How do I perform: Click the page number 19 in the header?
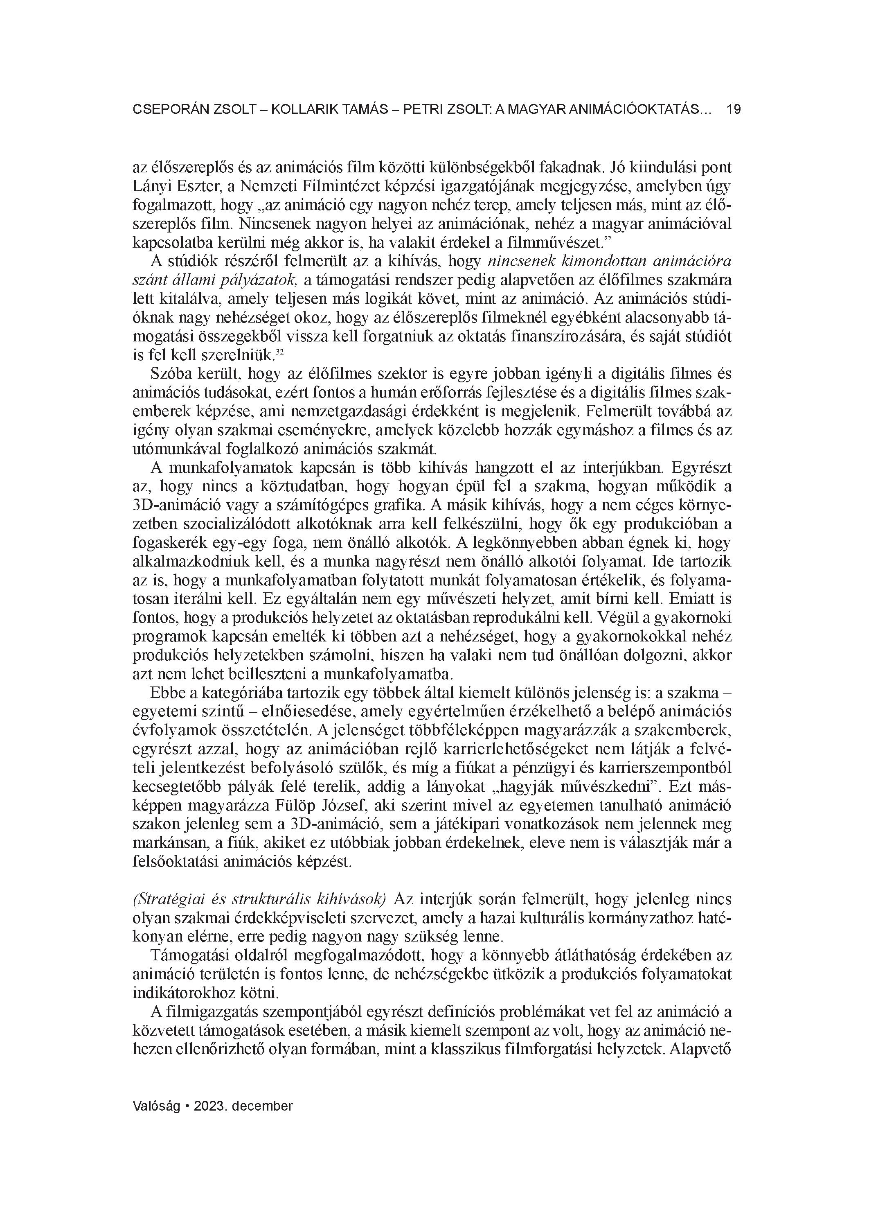(733, 110)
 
